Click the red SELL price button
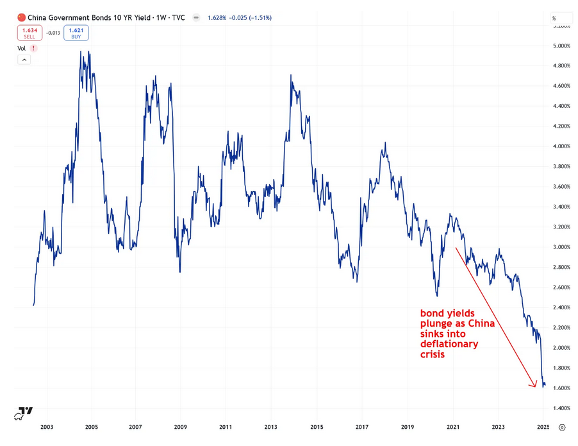click(x=29, y=33)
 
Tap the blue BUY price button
click(x=76, y=33)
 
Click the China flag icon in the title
click(x=22, y=17)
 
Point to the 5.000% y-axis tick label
click(x=561, y=46)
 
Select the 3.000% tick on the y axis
click(x=561, y=247)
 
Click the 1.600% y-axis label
click(x=561, y=388)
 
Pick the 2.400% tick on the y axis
click(x=561, y=307)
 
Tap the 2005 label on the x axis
click(x=91, y=427)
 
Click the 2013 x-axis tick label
click(x=270, y=427)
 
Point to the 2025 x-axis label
click(x=543, y=427)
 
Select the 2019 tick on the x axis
click(x=408, y=427)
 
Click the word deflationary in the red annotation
click(x=449, y=344)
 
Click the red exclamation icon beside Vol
click(x=33, y=48)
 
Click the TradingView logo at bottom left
click(x=25, y=411)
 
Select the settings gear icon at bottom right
click(x=562, y=427)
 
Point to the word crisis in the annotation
click(x=434, y=354)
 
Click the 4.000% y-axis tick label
click(x=561, y=146)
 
